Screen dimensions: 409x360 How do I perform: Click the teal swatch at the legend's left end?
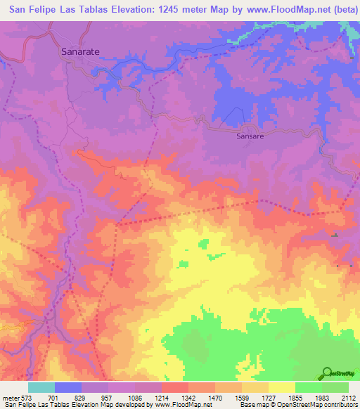point(41,387)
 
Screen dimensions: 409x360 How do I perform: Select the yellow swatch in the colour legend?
point(282,387)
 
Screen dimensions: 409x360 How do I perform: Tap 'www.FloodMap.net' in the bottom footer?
point(182,404)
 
